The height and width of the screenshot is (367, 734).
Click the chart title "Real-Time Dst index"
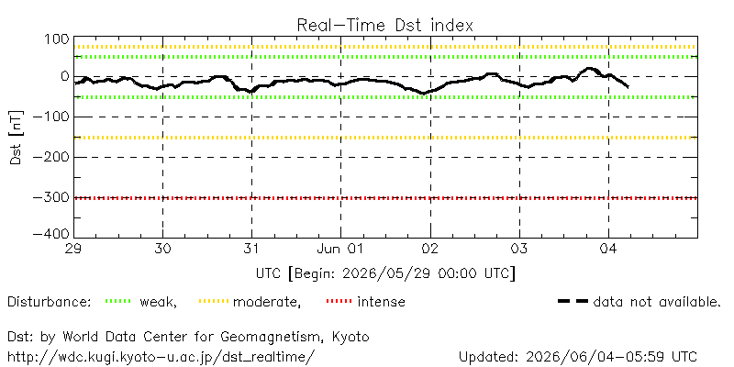coord(384,25)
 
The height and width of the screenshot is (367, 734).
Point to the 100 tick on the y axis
coord(56,39)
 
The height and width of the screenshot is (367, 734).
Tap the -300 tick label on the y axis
coord(51,197)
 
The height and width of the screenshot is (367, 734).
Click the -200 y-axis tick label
coord(51,157)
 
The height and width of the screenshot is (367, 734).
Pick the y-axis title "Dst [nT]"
coord(16,139)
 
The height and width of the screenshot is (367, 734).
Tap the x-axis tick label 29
coord(74,250)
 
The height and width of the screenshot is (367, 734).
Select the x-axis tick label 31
coord(251,250)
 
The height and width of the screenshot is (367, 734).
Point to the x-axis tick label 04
coord(608,250)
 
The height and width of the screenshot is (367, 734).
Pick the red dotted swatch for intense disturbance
coord(339,301)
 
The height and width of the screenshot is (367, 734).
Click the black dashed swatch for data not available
coord(573,301)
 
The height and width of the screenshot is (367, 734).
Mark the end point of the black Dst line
coord(628,87)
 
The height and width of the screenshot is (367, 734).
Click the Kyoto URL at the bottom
coord(159,356)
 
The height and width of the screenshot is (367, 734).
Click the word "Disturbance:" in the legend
coord(50,302)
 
